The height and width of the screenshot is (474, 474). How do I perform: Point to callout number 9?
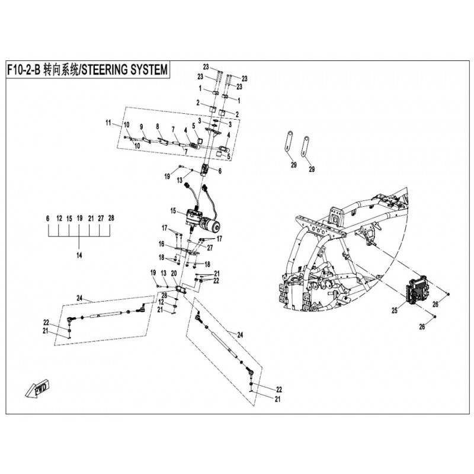point(142,127)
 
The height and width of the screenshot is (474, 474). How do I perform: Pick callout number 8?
point(158,127)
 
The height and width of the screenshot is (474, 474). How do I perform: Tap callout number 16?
point(161,244)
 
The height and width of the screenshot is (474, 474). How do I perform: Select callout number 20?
point(174,273)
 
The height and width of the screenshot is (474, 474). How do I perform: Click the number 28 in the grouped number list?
point(111,219)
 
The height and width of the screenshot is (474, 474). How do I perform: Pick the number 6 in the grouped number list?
point(48,219)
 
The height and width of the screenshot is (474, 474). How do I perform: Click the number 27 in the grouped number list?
point(101,219)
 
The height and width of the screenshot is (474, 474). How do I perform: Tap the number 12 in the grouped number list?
point(59,219)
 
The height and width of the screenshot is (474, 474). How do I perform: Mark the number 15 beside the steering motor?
point(174,210)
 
